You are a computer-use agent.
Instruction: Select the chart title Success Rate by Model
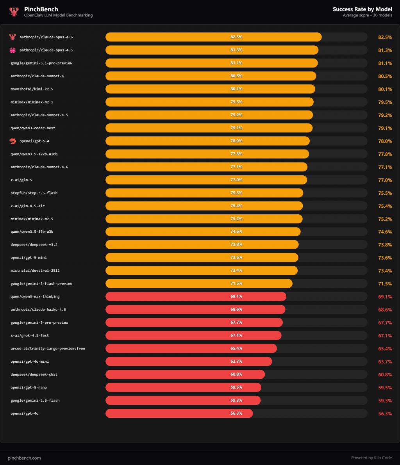pos(362,9)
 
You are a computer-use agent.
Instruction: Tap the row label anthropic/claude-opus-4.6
pos(46,37)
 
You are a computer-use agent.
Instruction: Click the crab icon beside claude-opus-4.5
pos(12,50)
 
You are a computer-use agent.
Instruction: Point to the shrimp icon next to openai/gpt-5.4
pos(12,141)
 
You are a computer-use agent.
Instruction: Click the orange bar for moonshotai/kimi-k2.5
pos(210,89)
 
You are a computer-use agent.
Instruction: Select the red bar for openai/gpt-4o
pos(179,413)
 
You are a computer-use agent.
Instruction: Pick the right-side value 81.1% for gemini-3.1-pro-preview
pos(385,63)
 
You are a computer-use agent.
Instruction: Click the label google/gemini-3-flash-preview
pos(41,283)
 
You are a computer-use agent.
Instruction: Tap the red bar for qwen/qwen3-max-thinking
pos(196,297)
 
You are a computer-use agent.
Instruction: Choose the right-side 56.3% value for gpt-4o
pos(385,414)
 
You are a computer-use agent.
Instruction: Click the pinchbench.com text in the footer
pos(24,458)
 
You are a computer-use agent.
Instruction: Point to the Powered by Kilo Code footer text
pos(371,458)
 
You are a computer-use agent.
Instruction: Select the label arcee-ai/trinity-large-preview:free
pos(48,348)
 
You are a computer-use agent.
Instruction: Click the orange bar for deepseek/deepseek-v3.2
pos(202,245)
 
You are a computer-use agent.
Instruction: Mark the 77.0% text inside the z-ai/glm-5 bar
pos(236,180)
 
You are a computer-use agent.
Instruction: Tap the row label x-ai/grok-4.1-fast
pos(30,335)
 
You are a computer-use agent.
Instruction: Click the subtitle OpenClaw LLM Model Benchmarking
pos(58,15)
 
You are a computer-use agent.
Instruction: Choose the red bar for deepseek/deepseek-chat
pos(185,374)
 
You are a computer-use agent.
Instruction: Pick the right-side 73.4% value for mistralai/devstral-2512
pos(385,271)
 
